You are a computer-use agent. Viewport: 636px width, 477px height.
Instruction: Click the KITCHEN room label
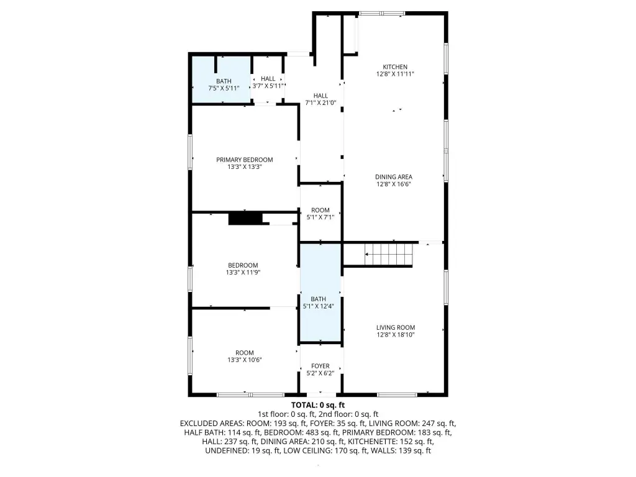coord(395,67)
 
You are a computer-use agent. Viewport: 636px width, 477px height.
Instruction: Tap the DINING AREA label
coord(393,177)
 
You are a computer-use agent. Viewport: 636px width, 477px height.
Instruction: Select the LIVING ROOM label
coord(396,328)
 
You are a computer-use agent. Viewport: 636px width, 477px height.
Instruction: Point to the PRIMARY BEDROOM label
coord(245,160)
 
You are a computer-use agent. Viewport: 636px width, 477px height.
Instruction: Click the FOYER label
coord(320,366)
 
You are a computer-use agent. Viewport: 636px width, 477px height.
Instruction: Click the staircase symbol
coord(389,254)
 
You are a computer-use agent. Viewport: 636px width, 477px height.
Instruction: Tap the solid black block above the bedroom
coord(245,218)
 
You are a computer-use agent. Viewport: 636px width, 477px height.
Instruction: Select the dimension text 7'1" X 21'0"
coord(320,103)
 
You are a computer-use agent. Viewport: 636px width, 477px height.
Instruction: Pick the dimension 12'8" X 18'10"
coord(396,335)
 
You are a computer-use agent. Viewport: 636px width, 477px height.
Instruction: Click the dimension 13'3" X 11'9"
coord(243,273)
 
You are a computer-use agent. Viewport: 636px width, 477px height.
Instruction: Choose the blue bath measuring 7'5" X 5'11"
coord(221,79)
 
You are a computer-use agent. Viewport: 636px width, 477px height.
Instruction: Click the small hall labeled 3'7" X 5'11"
coord(268,80)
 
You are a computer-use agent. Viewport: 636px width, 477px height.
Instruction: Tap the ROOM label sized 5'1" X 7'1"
coord(320,210)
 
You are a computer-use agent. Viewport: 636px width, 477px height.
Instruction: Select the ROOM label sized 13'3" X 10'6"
coord(245,353)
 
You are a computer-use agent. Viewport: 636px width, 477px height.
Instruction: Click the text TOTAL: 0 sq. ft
coord(318,405)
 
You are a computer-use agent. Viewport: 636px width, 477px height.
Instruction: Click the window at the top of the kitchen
coord(382,14)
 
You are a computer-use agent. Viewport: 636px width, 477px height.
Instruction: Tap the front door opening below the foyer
coord(321,394)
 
